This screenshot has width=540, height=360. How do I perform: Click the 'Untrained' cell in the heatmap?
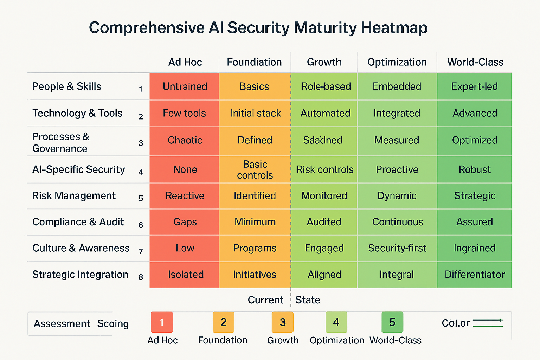tap(185, 86)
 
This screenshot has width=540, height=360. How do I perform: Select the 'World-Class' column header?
tap(475, 62)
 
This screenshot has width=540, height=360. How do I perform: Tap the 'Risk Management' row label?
tap(74, 195)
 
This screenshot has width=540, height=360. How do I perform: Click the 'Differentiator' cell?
tap(475, 275)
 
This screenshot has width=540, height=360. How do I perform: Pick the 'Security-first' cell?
tap(397, 248)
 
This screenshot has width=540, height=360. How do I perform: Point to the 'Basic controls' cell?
tap(255, 169)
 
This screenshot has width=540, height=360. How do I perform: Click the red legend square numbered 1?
tap(162, 322)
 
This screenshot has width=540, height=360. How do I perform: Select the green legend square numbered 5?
tap(392, 322)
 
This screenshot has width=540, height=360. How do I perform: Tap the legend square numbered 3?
tap(283, 322)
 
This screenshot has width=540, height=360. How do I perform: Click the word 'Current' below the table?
tap(265, 300)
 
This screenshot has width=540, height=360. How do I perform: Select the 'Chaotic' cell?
tap(185, 140)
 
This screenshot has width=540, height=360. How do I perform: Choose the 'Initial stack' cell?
tap(256, 113)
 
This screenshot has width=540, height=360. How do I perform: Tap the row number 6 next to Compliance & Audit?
tap(141, 225)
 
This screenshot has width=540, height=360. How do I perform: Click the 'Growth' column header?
tap(324, 62)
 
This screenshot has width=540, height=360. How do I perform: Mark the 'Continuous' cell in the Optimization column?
tap(397, 222)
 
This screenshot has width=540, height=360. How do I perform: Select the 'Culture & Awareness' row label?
tap(81, 248)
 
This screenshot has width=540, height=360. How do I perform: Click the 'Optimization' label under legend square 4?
tap(337, 340)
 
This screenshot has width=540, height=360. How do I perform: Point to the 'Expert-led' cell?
tap(474, 86)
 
